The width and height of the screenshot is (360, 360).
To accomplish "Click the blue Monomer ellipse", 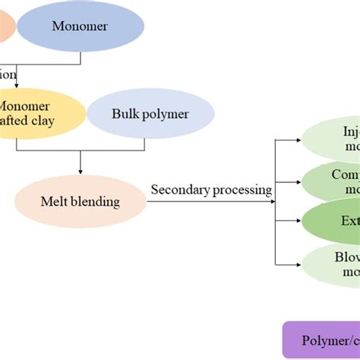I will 81,27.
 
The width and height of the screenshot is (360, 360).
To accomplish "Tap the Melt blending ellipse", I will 80,201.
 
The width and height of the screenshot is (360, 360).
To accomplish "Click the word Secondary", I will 181,190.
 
